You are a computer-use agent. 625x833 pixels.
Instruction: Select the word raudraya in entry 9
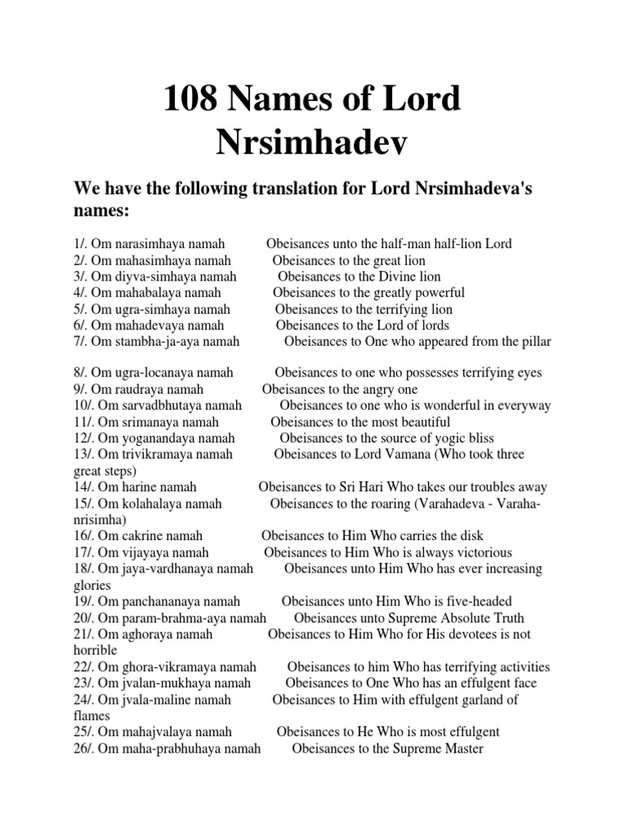(x=135, y=389)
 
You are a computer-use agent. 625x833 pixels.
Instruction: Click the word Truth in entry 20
(x=505, y=618)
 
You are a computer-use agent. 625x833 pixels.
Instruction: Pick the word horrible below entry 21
(x=95, y=651)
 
